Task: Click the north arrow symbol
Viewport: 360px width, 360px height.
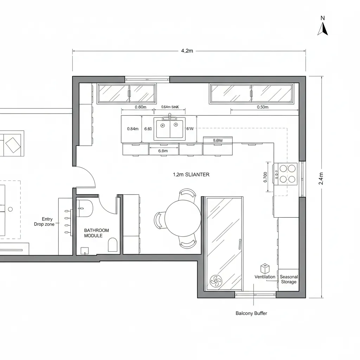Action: tap(323, 29)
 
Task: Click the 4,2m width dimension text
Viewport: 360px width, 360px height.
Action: tap(187, 51)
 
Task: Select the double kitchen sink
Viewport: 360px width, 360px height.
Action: tap(170, 129)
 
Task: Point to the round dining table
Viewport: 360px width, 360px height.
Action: tap(183, 218)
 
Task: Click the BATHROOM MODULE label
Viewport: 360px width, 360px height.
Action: tap(96, 233)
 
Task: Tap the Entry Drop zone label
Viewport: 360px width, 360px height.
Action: tap(45, 221)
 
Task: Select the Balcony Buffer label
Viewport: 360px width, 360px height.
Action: tap(251, 313)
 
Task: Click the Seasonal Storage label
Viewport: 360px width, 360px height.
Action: tap(289, 279)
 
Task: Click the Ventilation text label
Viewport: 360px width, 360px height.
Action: tap(265, 277)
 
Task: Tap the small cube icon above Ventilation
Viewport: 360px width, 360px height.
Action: tap(265, 269)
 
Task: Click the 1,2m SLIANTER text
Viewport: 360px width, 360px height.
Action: tap(191, 174)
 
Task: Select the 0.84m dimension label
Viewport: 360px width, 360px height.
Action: tap(133, 129)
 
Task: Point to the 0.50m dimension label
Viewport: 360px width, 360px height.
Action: tap(263, 107)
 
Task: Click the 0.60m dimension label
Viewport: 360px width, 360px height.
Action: tap(140, 107)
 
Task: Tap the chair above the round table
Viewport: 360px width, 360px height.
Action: tap(188, 194)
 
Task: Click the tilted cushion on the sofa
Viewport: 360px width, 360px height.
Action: tap(13, 144)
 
